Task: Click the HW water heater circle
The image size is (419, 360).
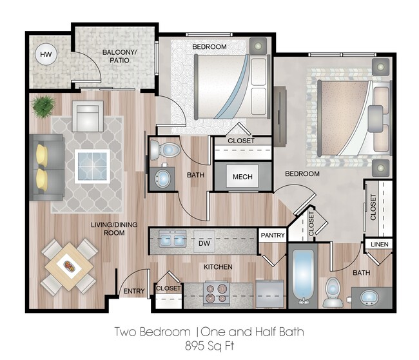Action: click(46, 55)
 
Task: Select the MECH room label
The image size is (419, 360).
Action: click(242, 177)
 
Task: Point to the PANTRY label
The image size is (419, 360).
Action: click(273, 236)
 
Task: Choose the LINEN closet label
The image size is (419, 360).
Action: click(378, 245)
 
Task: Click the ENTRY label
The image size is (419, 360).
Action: click(133, 292)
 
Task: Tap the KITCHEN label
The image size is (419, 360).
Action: click(217, 266)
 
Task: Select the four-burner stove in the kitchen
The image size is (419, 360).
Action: click(217, 294)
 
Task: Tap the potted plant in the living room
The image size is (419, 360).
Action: click(44, 105)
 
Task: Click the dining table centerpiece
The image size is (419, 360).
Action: click(69, 265)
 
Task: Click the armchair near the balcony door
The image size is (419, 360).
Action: click(87, 116)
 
